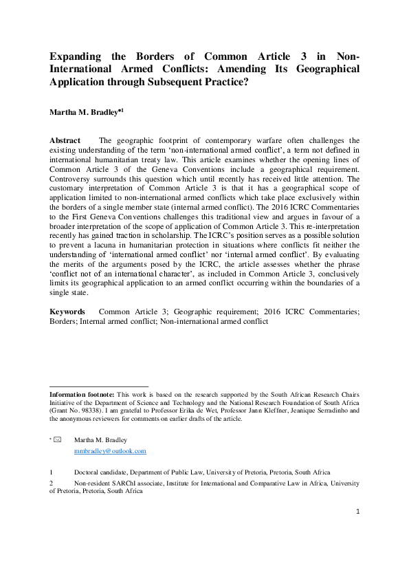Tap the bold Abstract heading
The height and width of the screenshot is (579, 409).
click(x=65, y=140)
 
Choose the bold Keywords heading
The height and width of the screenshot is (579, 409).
click(x=67, y=312)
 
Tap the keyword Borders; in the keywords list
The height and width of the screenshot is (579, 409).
click(x=65, y=321)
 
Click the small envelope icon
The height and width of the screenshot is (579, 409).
click(x=57, y=439)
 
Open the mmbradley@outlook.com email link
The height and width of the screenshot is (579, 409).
click(x=110, y=451)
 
